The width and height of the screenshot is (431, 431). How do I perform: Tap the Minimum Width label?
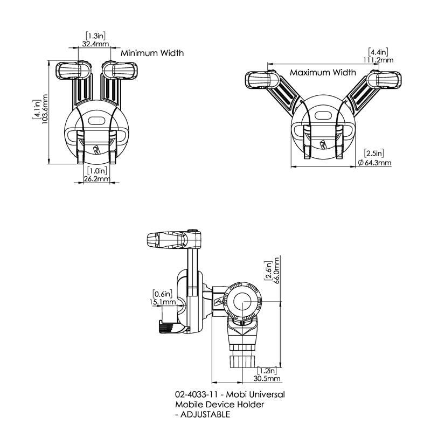(152, 53)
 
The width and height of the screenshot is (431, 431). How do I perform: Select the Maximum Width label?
(323, 72)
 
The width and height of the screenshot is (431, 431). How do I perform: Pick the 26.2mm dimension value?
(97, 179)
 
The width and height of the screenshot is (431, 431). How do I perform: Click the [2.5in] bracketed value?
(374, 153)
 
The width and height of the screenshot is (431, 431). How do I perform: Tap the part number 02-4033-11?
(194, 394)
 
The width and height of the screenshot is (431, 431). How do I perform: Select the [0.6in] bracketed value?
(162, 294)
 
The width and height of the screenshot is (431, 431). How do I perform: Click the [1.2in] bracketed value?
(267, 371)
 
